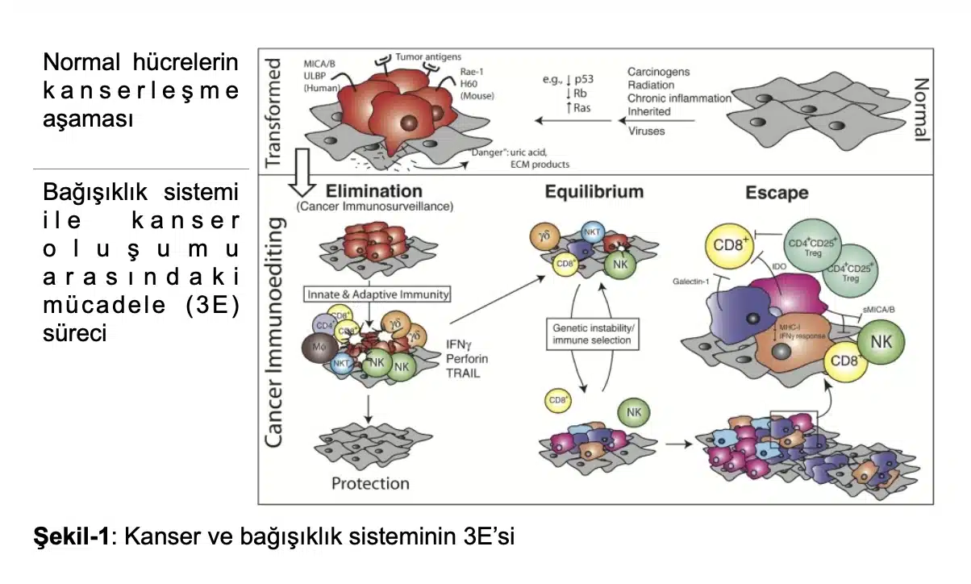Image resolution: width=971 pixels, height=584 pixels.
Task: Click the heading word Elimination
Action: [x=373, y=191]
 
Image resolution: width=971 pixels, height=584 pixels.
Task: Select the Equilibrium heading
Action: [x=594, y=191]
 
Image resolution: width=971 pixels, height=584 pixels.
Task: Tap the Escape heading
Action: [x=776, y=193]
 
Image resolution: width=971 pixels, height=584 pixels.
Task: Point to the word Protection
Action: [x=371, y=483]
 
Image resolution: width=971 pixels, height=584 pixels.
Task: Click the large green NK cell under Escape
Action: [x=881, y=340]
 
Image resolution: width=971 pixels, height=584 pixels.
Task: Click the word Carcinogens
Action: [x=659, y=72]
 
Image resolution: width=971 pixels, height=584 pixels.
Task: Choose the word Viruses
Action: [x=647, y=131]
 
